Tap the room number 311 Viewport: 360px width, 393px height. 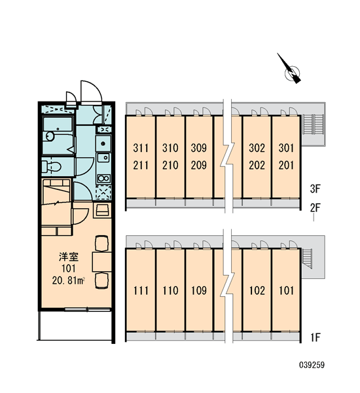click(x=141, y=148)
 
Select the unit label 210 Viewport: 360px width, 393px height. click(x=170, y=166)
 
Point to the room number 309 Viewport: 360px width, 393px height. click(x=199, y=148)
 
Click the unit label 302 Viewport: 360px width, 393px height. click(x=257, y=148)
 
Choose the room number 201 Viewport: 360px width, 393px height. click(x=286, y=166)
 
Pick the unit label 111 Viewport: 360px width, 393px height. click(x=141, y=291)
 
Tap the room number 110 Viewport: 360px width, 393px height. click(x=170, y=291)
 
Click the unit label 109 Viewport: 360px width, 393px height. click(x=199, y=291)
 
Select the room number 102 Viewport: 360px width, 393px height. click(x=257, y=291)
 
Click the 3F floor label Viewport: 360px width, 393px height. click(x=315, y=189)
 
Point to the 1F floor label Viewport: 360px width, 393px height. click(x=315, y=337)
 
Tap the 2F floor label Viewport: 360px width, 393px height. click(x=315, y=208)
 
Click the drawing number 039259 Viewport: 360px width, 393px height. click(x=312, y=365)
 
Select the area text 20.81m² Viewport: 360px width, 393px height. click(x=68, y=281)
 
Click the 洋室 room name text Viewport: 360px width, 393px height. click(x=69, y=257)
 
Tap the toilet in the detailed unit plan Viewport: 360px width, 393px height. click(x=52, y=166)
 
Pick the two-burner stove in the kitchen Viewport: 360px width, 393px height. click(x=103, y=178)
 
